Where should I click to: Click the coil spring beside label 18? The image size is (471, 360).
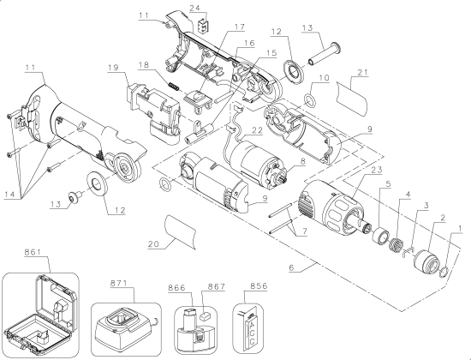point(171,86)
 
